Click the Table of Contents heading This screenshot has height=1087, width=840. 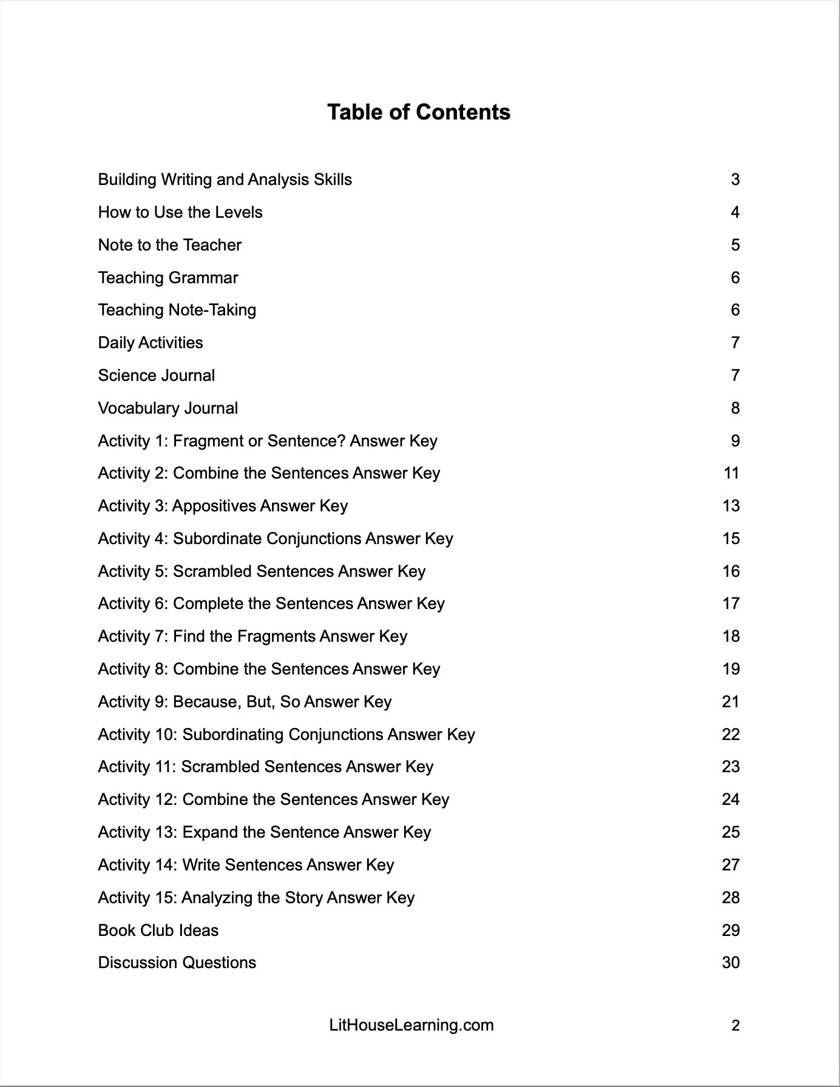pos(419,112)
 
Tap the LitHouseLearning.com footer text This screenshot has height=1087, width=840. pos(411,1025)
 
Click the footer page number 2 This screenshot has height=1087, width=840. pos(735,1026)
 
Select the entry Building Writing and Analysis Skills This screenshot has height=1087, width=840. pos(225,180)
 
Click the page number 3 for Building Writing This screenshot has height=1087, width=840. pos(735,180)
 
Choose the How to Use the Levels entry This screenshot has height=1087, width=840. pos(180,212)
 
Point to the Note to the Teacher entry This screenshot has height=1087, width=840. pos(169,245)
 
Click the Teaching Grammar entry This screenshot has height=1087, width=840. pos(168,278)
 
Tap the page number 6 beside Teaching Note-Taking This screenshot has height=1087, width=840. pos(735,310)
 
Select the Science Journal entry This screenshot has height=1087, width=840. pos(156,375)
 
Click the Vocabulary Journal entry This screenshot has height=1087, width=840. pos(168,408)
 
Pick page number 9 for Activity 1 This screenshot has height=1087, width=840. pos(735,441)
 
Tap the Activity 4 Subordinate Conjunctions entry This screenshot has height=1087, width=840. pos(276,539)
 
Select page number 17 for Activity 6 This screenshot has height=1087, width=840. pos(731,604)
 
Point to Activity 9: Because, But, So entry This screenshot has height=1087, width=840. pos(245,702)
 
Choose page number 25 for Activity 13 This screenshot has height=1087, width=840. pos(731,832)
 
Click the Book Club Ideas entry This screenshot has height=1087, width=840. pos(158,931)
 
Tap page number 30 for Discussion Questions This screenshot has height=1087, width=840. pos(731,963)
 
